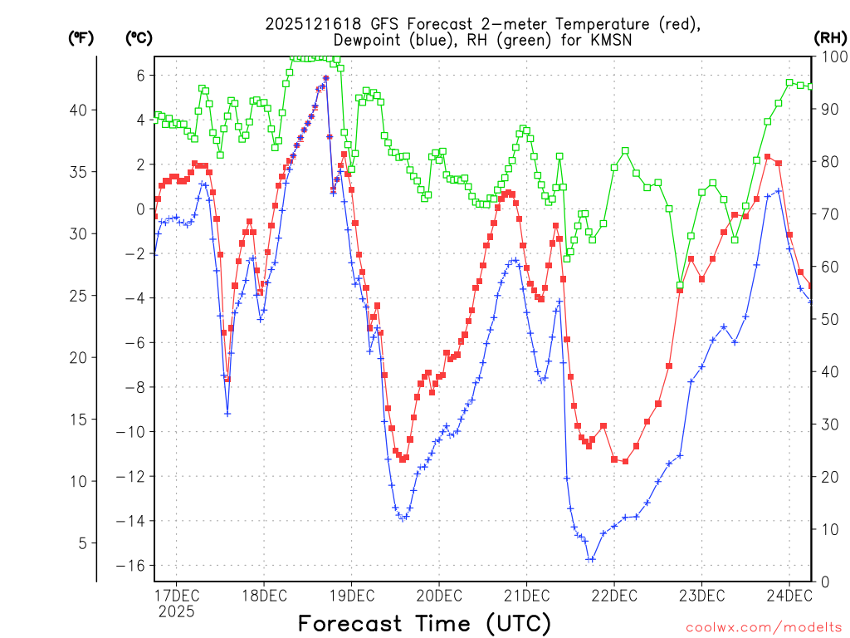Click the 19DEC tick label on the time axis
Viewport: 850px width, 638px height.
pyautogui.click(x=351, y=595)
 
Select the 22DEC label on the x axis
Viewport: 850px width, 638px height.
pyautogui.click(x=613, y=595)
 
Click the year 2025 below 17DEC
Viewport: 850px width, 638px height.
pyautogui.click(x=176, y=611)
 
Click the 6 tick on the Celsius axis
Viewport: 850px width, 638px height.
pyautogui.click(x=140, y=75)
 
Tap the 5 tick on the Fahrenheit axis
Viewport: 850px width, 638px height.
pyautogui.click(x=92, y=543)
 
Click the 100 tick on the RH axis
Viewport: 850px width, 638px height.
pyautogui.click(x=832, y=56)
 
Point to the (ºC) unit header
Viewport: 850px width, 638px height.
pyautogui.click(x=139, y=37)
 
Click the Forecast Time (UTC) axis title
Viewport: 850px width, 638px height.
pyautogui.click(x=424, y=623)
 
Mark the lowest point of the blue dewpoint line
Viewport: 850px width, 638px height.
pyautogui.click(x=590, y=559)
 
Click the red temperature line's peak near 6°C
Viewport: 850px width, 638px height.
pyautogui.click(x=326, y=78)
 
